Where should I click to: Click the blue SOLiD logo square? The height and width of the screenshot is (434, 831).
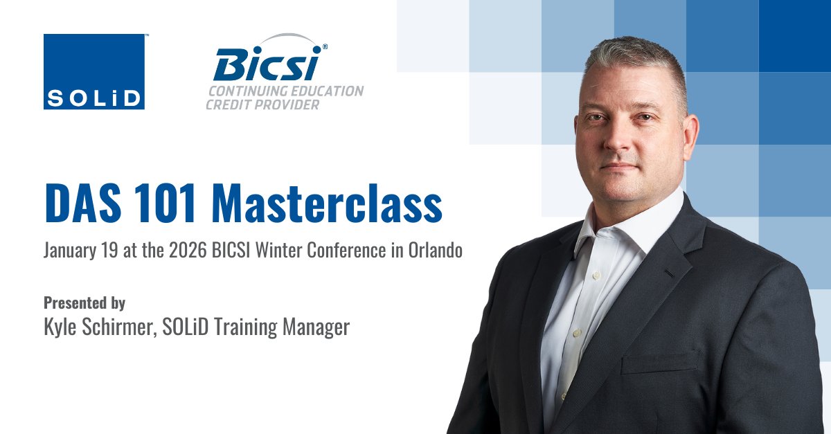pyautogui.click(x=94, y=71)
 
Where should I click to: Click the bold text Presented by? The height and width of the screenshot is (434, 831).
pyautogui.click(x=84, y=302)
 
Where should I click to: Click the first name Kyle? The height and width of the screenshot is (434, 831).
pyautogui.click(x=60, y=327)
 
